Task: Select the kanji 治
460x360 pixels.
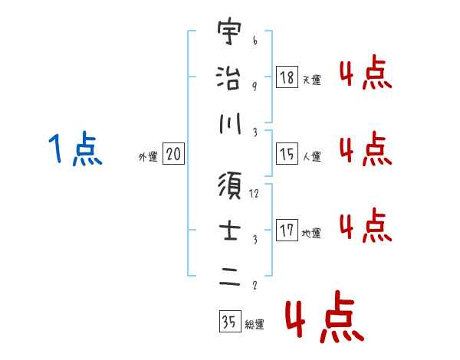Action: pos(228,77)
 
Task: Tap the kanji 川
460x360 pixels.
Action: pos(228,123)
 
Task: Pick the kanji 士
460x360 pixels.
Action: pos(228,231)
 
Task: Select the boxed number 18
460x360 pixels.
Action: pos(287,77)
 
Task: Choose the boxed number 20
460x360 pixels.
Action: pos(173,155)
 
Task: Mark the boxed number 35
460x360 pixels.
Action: pos(228,322)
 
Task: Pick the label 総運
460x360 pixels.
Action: pos(254,325)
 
